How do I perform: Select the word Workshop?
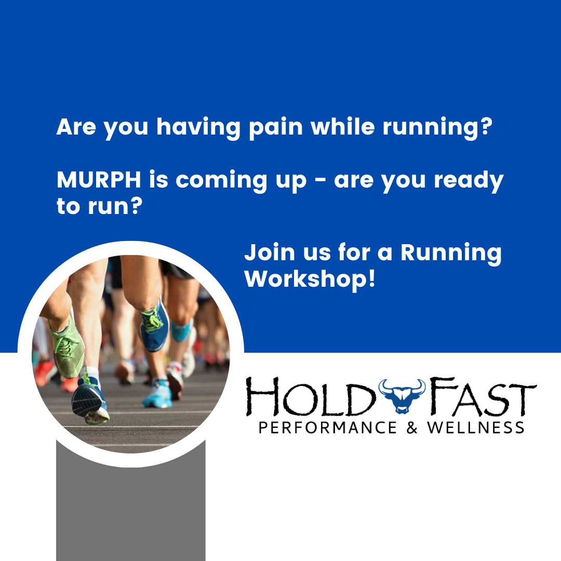click(310, 279)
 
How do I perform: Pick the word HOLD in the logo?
click(311, 397)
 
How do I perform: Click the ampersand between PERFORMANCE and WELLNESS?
click(412, 428)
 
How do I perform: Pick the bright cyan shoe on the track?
click(158, 395)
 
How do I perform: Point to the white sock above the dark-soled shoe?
click(92, 374)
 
